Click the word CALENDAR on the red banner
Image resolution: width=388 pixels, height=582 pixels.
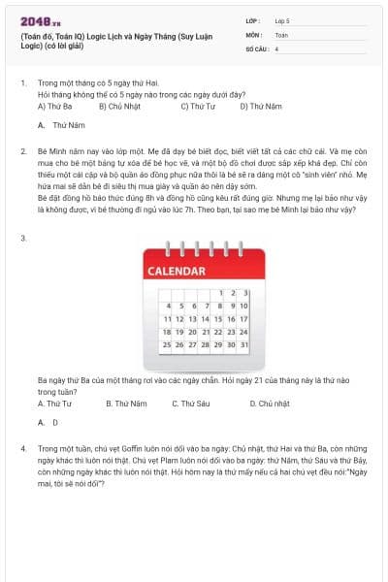(x=179, y=271)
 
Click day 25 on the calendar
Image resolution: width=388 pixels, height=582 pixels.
(x=167, y=343)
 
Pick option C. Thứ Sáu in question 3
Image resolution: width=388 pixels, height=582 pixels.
(x=189, y=403)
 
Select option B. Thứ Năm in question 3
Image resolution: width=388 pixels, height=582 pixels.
(x=126, y=403)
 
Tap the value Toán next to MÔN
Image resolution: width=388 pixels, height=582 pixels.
(x=282, y=34)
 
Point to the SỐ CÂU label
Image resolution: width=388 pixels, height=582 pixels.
(x=257, y=48)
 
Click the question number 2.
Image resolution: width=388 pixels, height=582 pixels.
(x=22, y=152)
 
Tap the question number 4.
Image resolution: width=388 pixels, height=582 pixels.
(x=22, y=449)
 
